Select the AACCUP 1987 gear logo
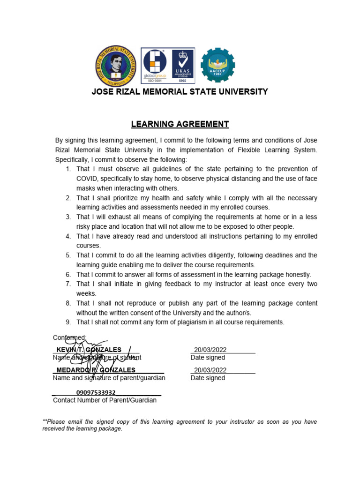(218, 65)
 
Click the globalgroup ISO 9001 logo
(155, 65)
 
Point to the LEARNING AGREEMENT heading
(180, 124)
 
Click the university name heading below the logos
(180, 92)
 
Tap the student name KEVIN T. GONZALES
(89, 350)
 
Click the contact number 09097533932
(96, 392)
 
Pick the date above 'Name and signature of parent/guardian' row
(210, 370)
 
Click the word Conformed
(69, 337)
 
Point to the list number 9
(68, 322)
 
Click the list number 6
(68, 275)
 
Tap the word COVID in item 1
(87, 179)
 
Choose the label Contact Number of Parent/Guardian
(105, 400)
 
